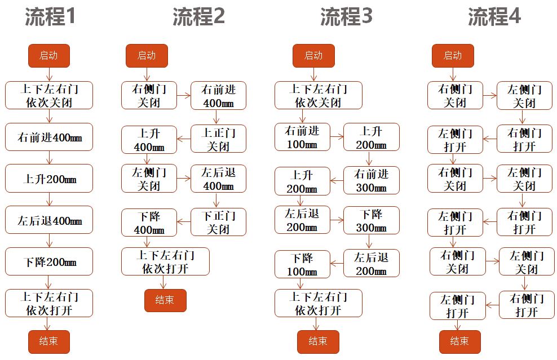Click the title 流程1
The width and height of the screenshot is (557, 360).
point(50,17)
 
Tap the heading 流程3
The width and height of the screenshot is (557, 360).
point(346,17)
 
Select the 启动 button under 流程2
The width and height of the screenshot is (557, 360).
point(147,56)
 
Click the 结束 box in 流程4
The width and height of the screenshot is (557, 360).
point(459,341)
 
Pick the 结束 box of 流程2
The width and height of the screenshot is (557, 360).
point(165,300)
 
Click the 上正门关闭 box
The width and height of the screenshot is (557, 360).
point(218,139)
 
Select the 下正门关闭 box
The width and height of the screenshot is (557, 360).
point(218,222)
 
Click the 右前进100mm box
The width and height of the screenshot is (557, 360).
point(302,137)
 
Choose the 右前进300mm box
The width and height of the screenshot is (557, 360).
point(371,180)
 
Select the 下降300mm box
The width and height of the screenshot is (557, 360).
point(371,220)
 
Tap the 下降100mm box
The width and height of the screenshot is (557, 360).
point(302,264)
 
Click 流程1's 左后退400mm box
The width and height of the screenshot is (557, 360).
point(49,220)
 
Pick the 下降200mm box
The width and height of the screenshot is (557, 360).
point(49,262)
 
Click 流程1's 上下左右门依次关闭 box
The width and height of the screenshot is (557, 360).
point(49,95)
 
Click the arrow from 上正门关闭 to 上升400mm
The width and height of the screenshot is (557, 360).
point(184,139)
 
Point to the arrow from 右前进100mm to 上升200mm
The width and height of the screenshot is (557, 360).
point(337,137)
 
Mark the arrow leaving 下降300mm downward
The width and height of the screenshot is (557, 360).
point(370,242)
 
